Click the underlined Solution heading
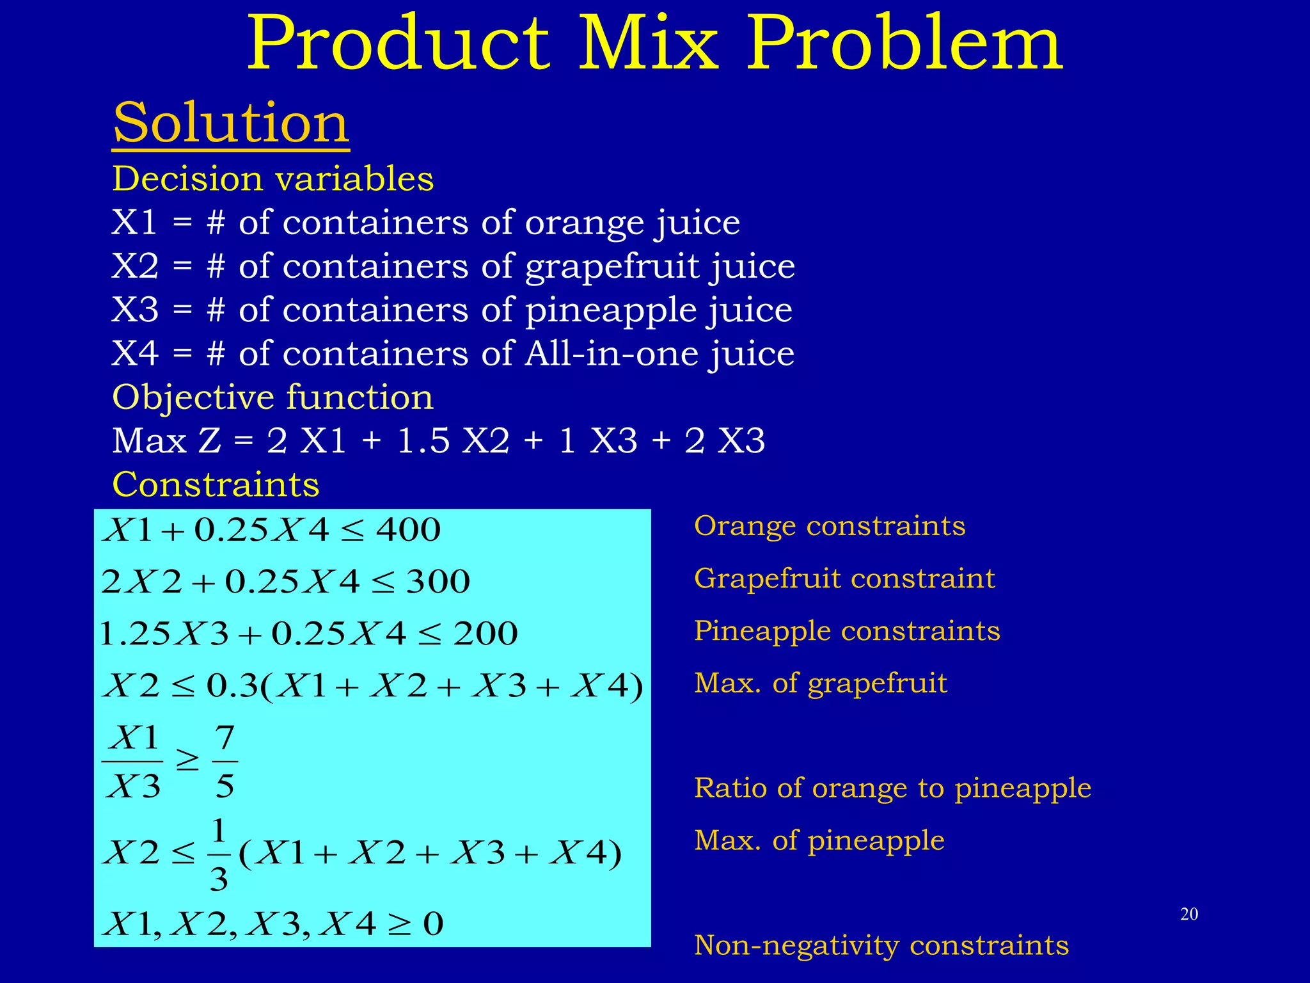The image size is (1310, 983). coord(231,123)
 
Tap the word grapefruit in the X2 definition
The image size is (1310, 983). coord(612,266)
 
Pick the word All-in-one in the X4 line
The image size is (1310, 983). coord(611,353)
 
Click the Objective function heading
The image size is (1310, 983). coord(272,397)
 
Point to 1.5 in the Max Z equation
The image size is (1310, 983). coord(423,441)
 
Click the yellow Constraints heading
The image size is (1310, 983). coord(216,484)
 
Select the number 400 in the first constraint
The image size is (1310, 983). coord(409,530)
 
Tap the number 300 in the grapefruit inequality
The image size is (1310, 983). coord(438,582)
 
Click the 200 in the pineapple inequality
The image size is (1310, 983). coord(485,634)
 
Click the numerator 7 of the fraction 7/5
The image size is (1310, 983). coord(225,737)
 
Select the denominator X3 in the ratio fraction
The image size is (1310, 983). coord(134,786)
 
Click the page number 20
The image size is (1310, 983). coord(1188,914)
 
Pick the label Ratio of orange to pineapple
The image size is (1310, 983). coord(892,788)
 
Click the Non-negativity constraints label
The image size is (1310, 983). coord(881,945)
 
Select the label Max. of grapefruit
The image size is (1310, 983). coord(820,683)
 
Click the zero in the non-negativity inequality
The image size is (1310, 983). coord(433,924)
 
